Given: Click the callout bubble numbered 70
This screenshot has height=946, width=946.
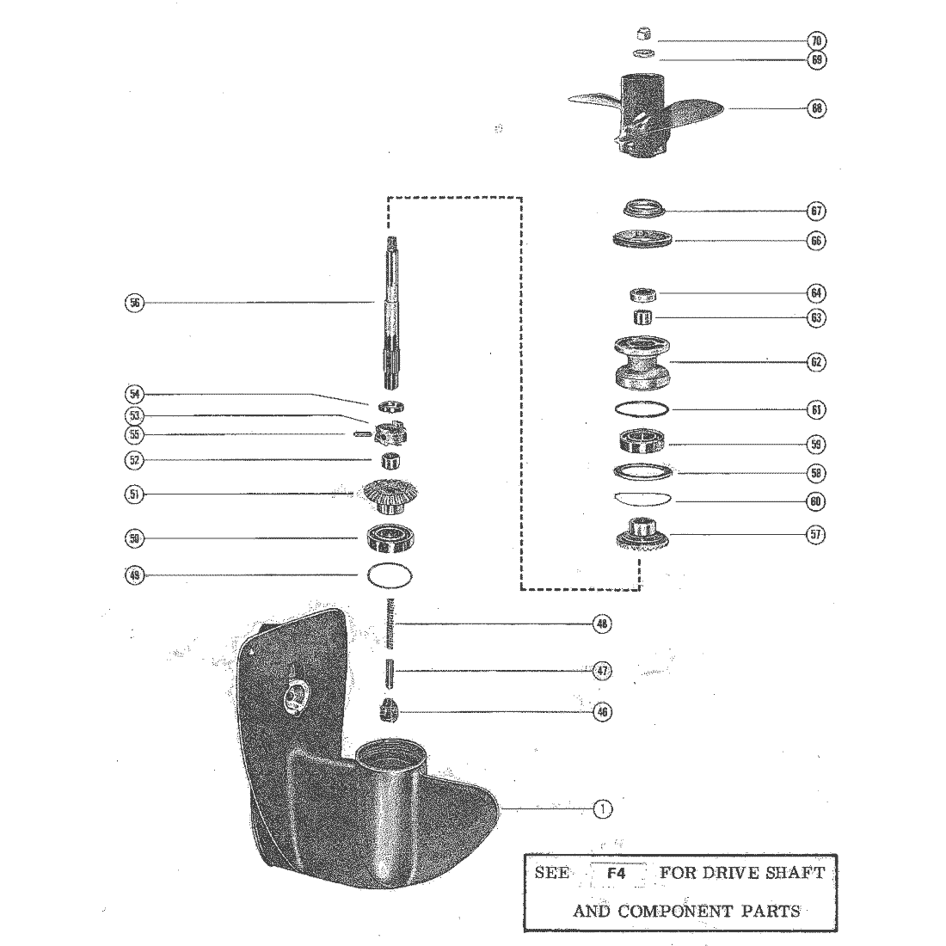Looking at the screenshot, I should (816, 40).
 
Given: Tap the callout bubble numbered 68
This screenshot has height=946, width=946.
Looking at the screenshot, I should (816, 109).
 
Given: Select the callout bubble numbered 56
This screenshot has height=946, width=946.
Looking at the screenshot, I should (134, 302).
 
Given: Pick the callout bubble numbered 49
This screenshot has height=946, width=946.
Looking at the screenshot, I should (134, 576).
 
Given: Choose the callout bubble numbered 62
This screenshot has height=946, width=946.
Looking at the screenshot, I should (816, 363).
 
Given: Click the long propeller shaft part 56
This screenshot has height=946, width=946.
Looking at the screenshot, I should (390, 314).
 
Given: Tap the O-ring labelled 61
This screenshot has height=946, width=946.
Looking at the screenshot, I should (643, 408).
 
